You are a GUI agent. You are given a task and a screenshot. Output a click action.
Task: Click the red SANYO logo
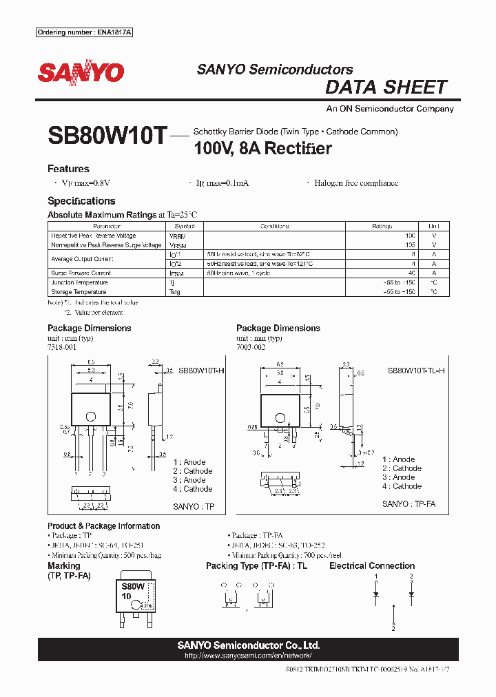tap(81, 72)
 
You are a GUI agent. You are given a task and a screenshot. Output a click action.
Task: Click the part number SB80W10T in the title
tap(107, 136)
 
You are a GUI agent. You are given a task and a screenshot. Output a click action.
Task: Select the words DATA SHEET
tap(386, 87)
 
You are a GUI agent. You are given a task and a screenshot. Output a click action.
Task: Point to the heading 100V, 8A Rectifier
tap(262, 148)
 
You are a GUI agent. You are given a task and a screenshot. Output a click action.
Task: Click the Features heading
tap(68, 169)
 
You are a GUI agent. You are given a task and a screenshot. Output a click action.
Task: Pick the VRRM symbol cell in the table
tap(177, 236)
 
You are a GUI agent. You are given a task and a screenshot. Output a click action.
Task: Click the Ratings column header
tap(382, 226)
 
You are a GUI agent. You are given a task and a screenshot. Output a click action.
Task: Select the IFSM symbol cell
tap(177, 273)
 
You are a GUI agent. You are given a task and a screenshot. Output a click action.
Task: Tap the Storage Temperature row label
tap(80, 292)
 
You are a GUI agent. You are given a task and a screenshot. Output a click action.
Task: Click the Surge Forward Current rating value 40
tap(412, 273)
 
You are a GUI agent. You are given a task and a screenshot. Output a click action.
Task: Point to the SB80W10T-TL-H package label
tap(415, 371)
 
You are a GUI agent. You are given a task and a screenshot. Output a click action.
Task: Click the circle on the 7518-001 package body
tap(90, 415)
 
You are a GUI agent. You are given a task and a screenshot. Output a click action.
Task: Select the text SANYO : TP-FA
tap(409, 504)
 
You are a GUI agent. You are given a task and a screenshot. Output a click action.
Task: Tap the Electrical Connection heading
tap(372, 566)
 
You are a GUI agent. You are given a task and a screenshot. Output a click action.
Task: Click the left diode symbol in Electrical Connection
tap(376, 593)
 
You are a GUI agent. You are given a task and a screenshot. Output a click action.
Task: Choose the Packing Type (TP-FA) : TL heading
tap(256, 566)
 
